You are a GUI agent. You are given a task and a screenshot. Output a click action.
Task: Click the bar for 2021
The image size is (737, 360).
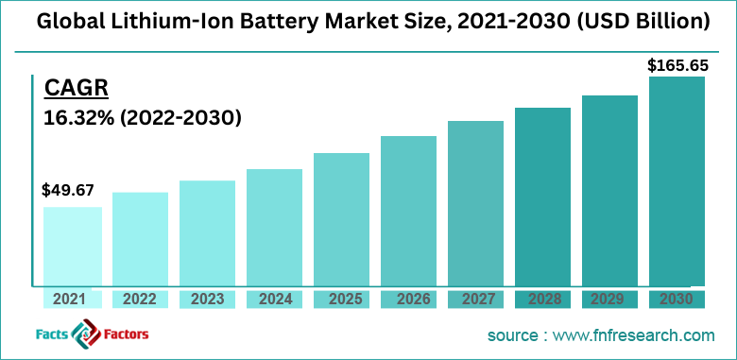point(73,246)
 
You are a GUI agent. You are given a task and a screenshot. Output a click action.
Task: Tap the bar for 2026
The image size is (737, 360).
point(408,210)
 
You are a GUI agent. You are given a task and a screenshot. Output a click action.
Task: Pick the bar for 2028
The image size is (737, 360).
point(542,196)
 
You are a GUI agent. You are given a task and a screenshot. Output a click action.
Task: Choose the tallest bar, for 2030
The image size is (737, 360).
point(677,180)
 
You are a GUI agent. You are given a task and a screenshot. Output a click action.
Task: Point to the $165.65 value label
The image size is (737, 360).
point(677,65)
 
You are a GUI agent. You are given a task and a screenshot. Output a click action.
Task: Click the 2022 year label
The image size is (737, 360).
point(140,300)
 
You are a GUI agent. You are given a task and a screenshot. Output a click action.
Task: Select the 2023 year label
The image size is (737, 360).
point(207,300)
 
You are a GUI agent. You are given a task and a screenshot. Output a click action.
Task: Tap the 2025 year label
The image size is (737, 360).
point(341,300)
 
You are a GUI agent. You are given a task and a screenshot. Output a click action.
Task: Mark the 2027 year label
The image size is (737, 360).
point(475,300)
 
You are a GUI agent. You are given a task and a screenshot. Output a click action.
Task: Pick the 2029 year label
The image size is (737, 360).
point(609,300)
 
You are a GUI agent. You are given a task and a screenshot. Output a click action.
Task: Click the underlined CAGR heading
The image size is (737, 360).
point(77,89)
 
